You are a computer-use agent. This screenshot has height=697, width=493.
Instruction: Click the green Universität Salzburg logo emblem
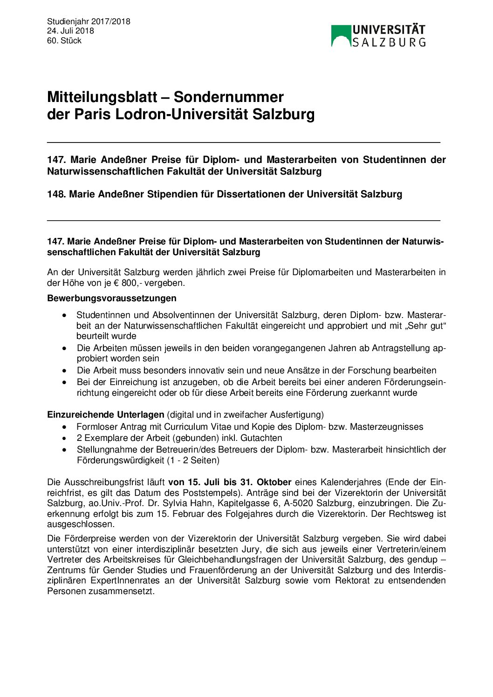coord(341,36)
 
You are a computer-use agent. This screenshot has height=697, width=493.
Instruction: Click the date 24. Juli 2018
coord(70,31)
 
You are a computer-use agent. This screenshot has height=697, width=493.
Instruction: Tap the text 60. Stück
coord(64,41)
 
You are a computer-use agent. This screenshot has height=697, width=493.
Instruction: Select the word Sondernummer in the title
coord(228,97)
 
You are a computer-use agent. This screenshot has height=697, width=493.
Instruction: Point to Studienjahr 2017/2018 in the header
coord(89,21)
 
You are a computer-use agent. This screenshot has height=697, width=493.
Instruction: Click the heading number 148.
coord(56,194)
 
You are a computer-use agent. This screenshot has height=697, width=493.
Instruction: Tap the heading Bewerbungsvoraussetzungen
coord(112,298)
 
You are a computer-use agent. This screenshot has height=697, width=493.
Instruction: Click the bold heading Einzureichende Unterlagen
coord(106,414)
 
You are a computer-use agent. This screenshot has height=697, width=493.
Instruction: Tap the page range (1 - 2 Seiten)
coord(193,460)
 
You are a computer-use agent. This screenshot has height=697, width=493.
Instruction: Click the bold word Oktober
coord(274,482)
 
